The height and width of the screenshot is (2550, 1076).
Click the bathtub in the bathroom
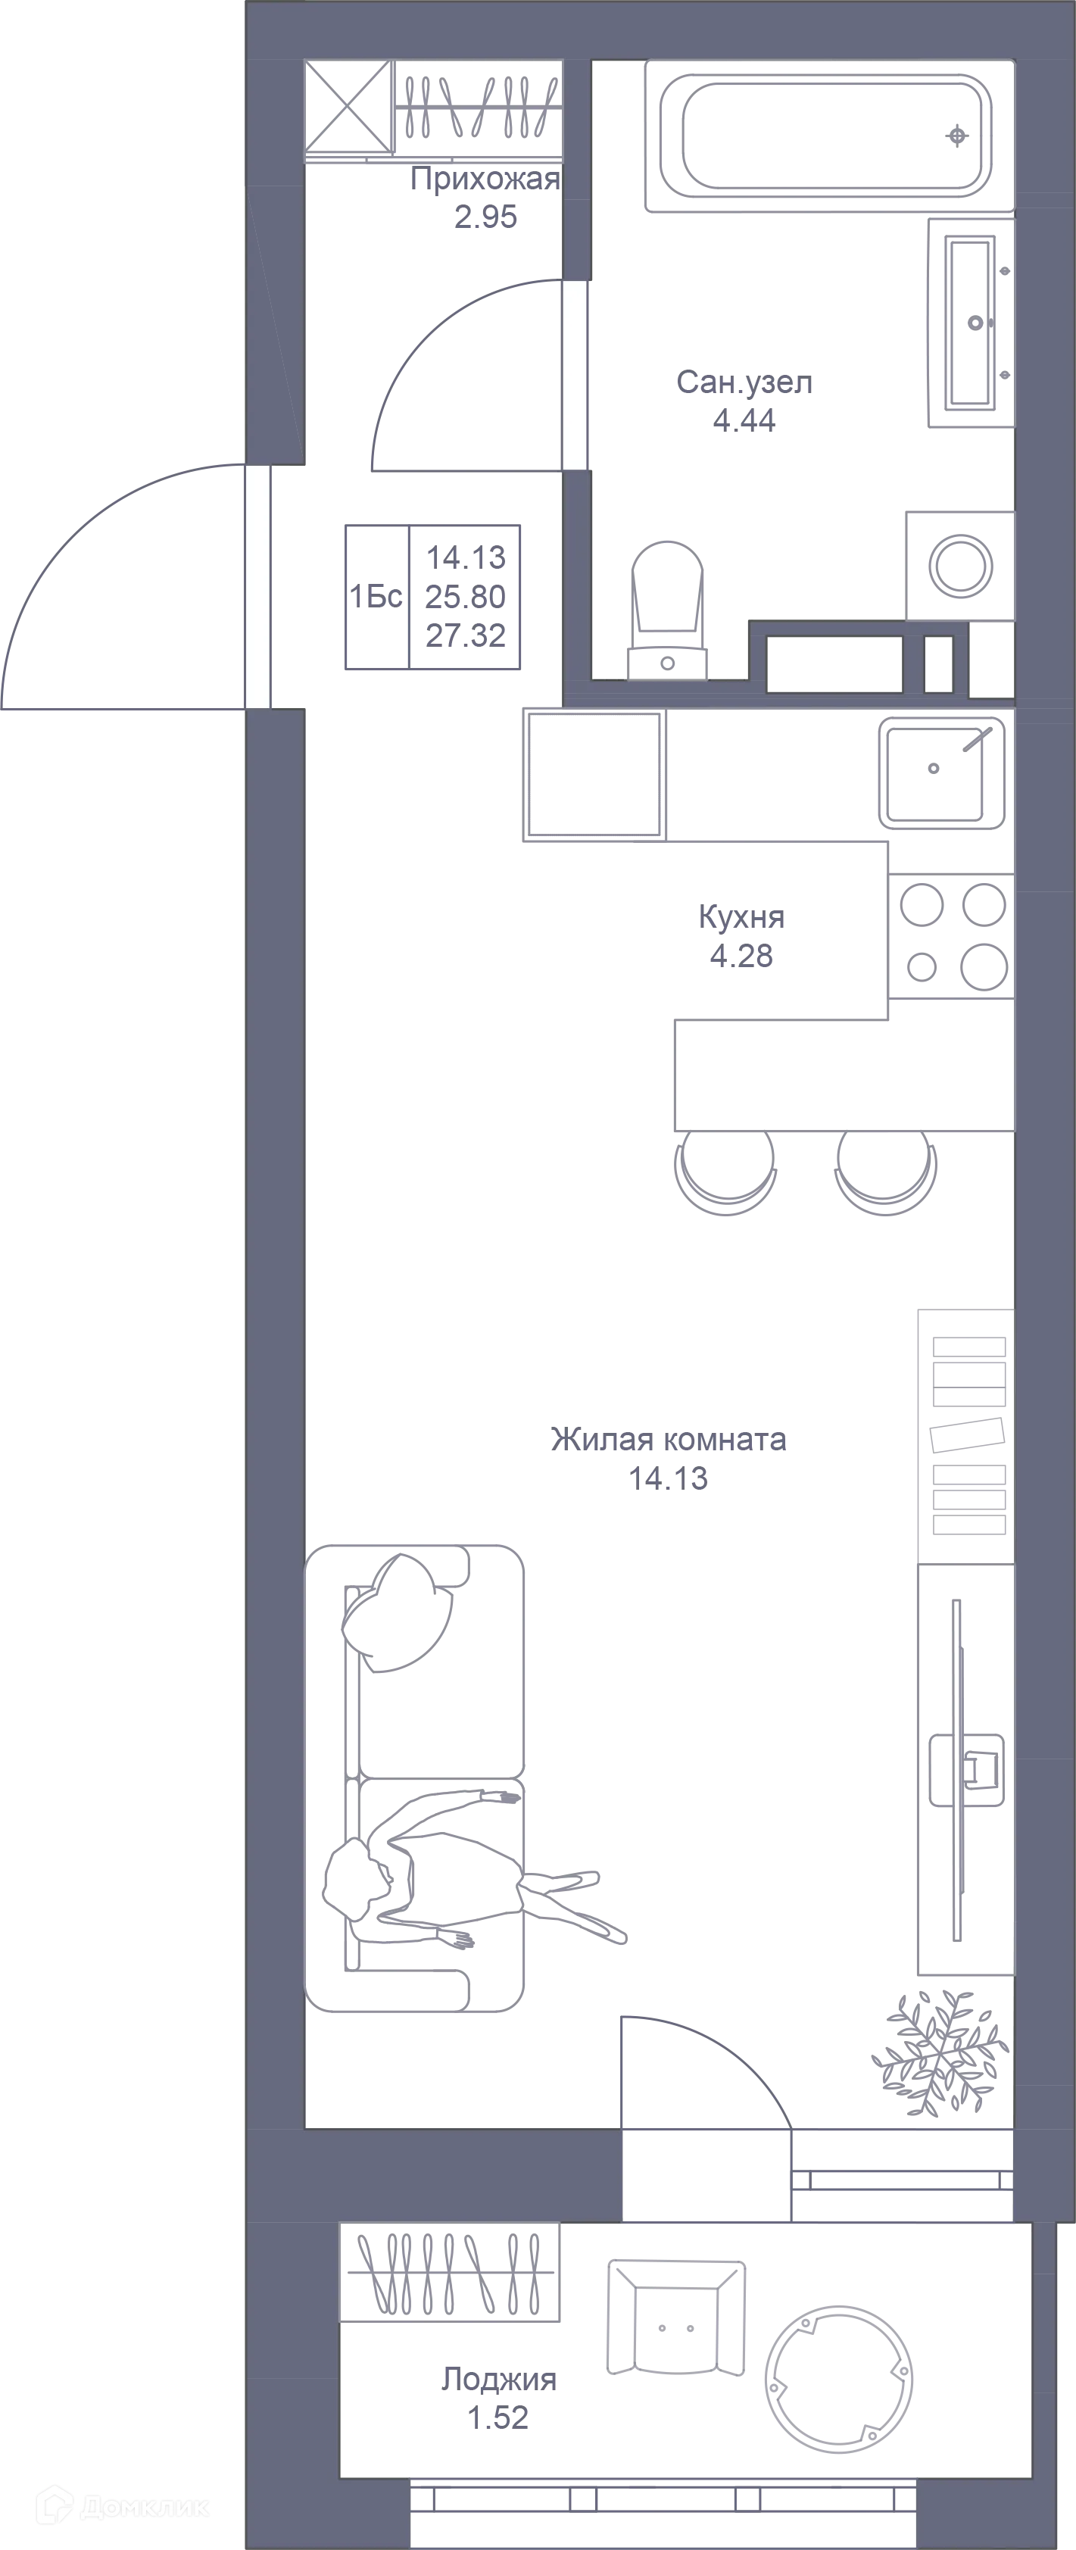pos(829,136)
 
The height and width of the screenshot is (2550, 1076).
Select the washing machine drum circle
pos(960,566)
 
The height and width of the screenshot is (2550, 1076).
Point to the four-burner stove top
pos(951,935)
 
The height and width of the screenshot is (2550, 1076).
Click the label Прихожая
pos(485,179)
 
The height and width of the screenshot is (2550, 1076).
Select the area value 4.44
pos(744,421)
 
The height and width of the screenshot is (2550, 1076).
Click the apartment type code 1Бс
pos(376,597)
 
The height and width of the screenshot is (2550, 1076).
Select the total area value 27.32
pos(465,635)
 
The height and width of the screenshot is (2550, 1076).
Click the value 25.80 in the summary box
pos(465,597)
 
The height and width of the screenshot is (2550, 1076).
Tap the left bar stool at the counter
pos(725,1173)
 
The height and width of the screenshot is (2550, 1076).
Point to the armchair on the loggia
pos(676,2318)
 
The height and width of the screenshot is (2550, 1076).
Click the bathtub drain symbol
pos(957,136)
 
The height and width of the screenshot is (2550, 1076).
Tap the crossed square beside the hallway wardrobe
pos(348,108)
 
